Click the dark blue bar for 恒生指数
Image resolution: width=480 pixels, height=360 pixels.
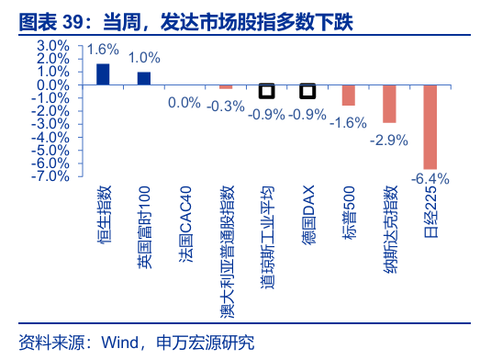pyautogui.click(x=103, y=74)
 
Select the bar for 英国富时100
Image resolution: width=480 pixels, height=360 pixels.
pyautogui.click(x=144, y=78)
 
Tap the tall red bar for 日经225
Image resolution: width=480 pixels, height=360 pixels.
pyautogui.click(x=430, y=127)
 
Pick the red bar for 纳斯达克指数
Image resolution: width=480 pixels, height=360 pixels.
pyautogui.click(x=389, y=104)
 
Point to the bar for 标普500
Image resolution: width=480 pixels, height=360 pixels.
pyautogui.click(x=349, y=96)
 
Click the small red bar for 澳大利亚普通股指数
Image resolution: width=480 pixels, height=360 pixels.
pyautogui.click(x=226, y=87)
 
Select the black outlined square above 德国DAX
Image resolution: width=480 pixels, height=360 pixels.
pyautogui.click(x=307, y=91)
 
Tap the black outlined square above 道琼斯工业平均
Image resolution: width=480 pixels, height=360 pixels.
pyautogui.click(x=267, y=91)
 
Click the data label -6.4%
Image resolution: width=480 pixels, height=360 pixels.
pyautogui.click(x=430, y=178)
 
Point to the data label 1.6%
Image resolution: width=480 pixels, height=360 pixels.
pyautogui.click(x=103, y=50)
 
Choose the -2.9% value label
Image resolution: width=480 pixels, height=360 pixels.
pyautogui.click(x=389, y=141)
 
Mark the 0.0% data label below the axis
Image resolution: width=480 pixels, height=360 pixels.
pyautogui.click(x=184, y=102)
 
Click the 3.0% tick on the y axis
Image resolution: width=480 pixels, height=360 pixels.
pyautogui.click(x=53, y=46)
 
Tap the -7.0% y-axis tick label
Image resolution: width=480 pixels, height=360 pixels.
pyautogui.click(x=50, y=176)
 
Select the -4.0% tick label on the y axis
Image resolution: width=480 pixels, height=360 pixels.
pyautogui.click(x=50, y=137)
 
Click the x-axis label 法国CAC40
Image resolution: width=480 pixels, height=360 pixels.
pyautogui.click(x=185, y=224)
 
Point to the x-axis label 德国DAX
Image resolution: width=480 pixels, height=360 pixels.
pyautogui.click(x=308, y=215)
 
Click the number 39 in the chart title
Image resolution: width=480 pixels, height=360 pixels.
pyautogui.click(x=73, y=22)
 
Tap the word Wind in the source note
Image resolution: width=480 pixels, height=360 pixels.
pyautogui.click(x=120, y=343)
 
